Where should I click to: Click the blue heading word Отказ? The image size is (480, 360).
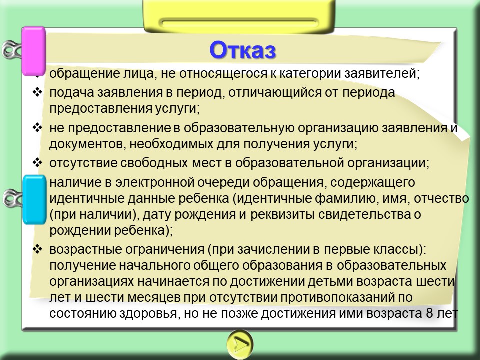[243, 50]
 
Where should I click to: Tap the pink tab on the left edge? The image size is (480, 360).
[34, 51]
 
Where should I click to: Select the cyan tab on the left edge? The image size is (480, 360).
[34, 199]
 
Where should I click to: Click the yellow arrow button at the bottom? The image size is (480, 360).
[240, 344]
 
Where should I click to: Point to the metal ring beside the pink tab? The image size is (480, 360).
[12, 50]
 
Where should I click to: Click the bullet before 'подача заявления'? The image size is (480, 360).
[37, 92]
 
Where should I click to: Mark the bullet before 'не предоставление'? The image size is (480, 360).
[37, 127]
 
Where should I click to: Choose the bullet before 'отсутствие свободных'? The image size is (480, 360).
[37, 162]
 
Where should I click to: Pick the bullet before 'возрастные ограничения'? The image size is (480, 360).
[37, 249]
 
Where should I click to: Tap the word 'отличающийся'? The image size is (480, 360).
[274, 93]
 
